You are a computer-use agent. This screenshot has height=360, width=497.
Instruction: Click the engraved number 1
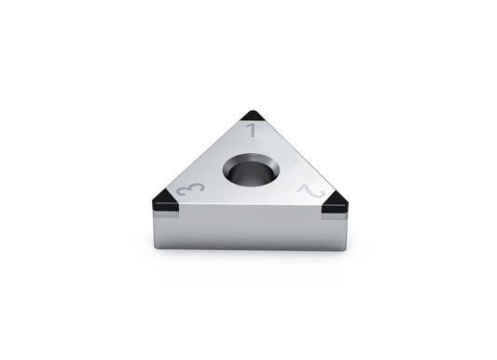point(252,131)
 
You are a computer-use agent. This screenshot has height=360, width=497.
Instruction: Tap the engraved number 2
point(311,191)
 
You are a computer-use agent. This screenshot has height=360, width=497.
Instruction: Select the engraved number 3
point(190,189)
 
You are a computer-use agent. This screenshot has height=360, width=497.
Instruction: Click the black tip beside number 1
point(253,116)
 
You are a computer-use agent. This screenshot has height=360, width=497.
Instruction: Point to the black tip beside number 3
point(165,201)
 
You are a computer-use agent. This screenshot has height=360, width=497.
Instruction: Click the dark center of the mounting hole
point(251,174)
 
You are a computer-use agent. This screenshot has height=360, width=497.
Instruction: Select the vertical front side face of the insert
point(251,228)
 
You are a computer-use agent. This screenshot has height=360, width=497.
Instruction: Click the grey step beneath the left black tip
point(166,215)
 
